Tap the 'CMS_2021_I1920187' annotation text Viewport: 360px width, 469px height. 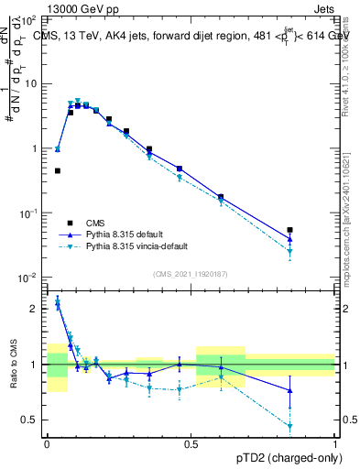point(191,274)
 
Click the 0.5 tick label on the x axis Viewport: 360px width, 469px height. point(191,443)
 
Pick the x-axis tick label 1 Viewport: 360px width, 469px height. point(335,443)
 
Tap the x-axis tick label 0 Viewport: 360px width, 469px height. point(47,443)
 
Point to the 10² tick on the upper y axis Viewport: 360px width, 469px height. point(32,19)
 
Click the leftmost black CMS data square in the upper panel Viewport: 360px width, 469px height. point(58,170)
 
